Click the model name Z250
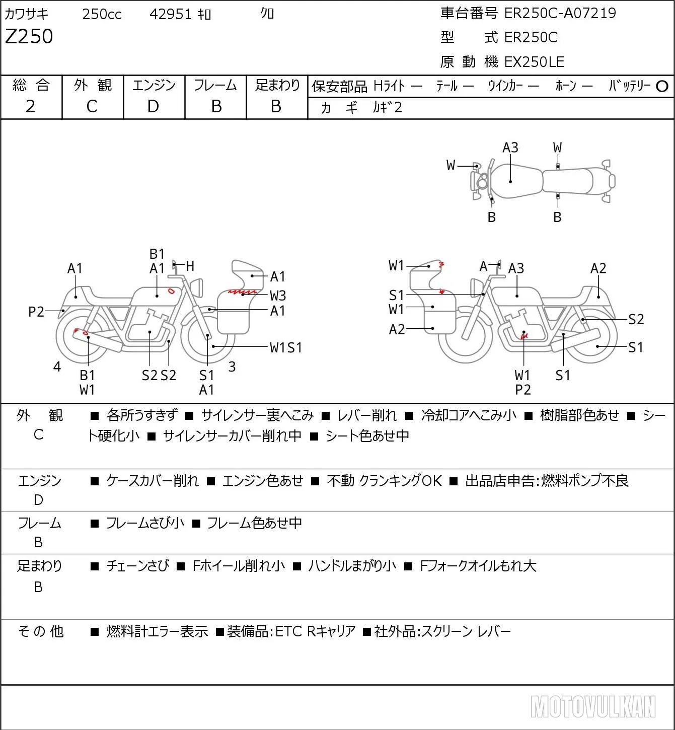click(29, 36)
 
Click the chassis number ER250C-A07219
click(560, 13)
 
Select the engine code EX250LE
click(534, 62)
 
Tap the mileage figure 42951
click(170, 14)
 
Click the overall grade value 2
click(31, 107)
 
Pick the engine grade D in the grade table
click(154, 107)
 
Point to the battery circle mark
click(662, 87)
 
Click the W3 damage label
click(277, 296)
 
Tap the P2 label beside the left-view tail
click(36, 312)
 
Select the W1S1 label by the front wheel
click(286, 348)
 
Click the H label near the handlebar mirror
click(190, 266)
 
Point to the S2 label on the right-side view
click(636, 319)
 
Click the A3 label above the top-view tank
click(510, 148)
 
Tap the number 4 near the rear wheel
click(57, 367)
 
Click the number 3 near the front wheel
click(232, 367)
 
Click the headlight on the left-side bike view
click(197, 287)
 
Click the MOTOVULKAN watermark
click(593, 707)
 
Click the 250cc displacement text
click(102, 14)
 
